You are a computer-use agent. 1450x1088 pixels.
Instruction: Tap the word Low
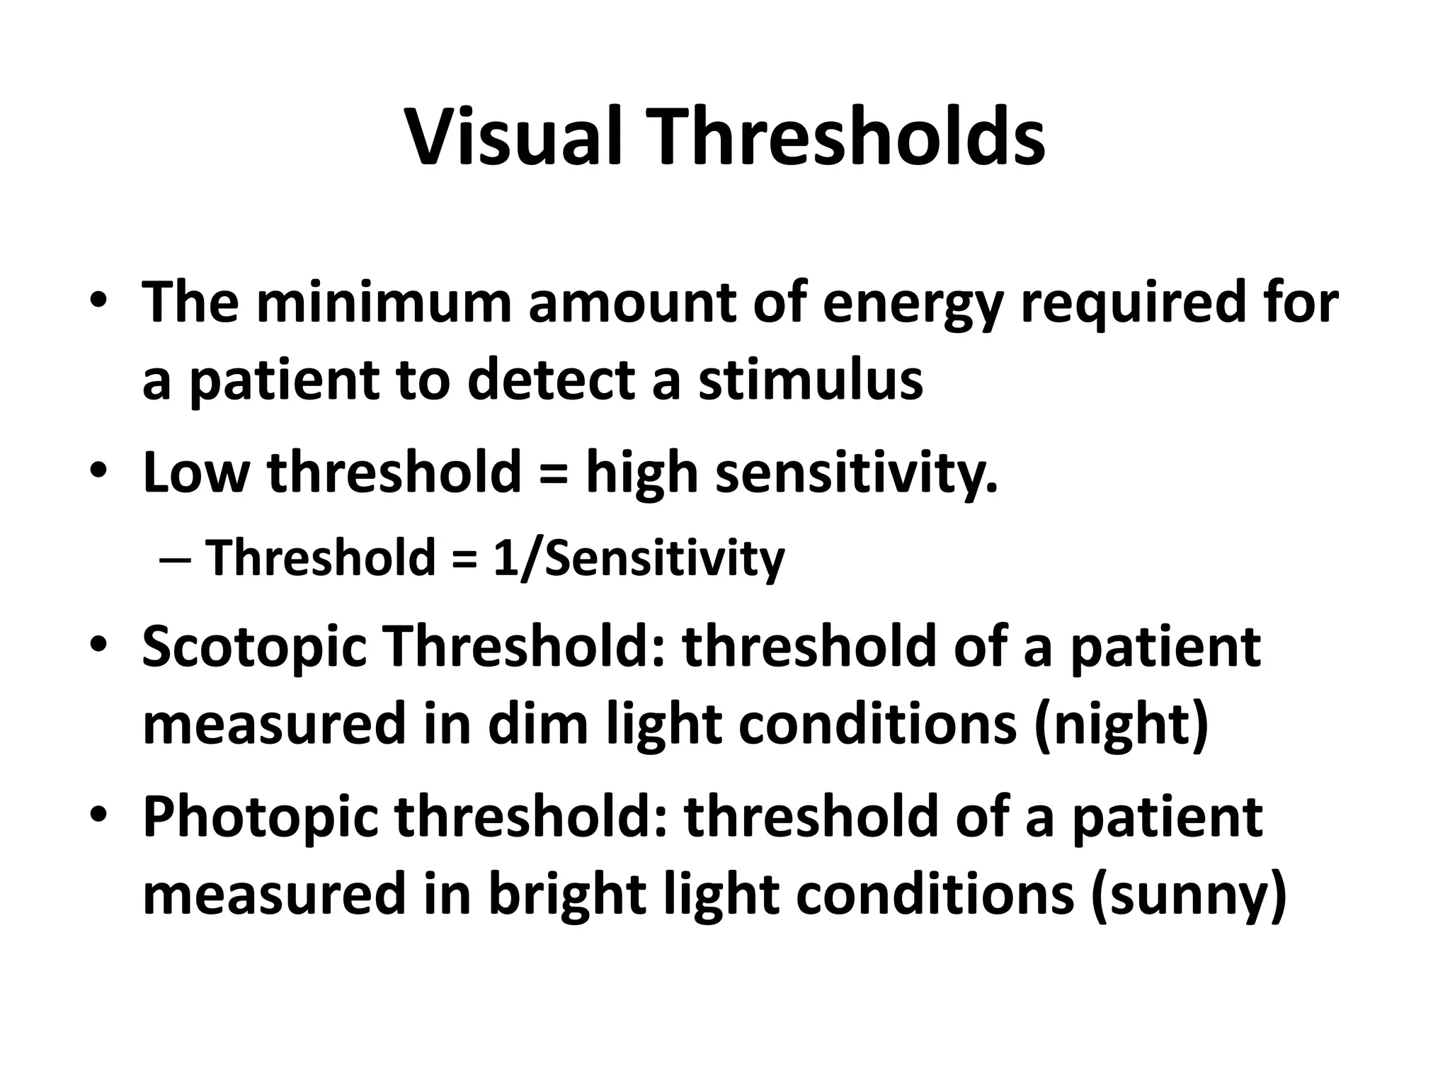[x=196, y=472]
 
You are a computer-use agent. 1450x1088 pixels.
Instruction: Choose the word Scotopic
[x=254, y=647]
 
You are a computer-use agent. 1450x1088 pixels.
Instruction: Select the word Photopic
[x=260, y=817]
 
